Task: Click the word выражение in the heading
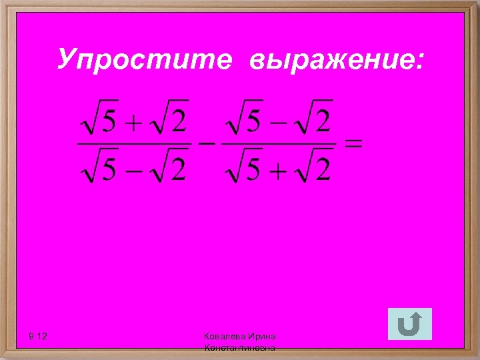pos(337,61)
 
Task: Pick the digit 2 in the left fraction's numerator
pos(178,123)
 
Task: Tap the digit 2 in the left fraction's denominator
pos(178,171)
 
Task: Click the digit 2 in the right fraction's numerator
pos(323,122)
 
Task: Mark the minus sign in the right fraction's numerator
pos(280,123)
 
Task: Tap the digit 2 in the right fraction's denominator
pos(323,171)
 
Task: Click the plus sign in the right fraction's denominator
pos(280,171)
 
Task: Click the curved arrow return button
pos(409,325)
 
